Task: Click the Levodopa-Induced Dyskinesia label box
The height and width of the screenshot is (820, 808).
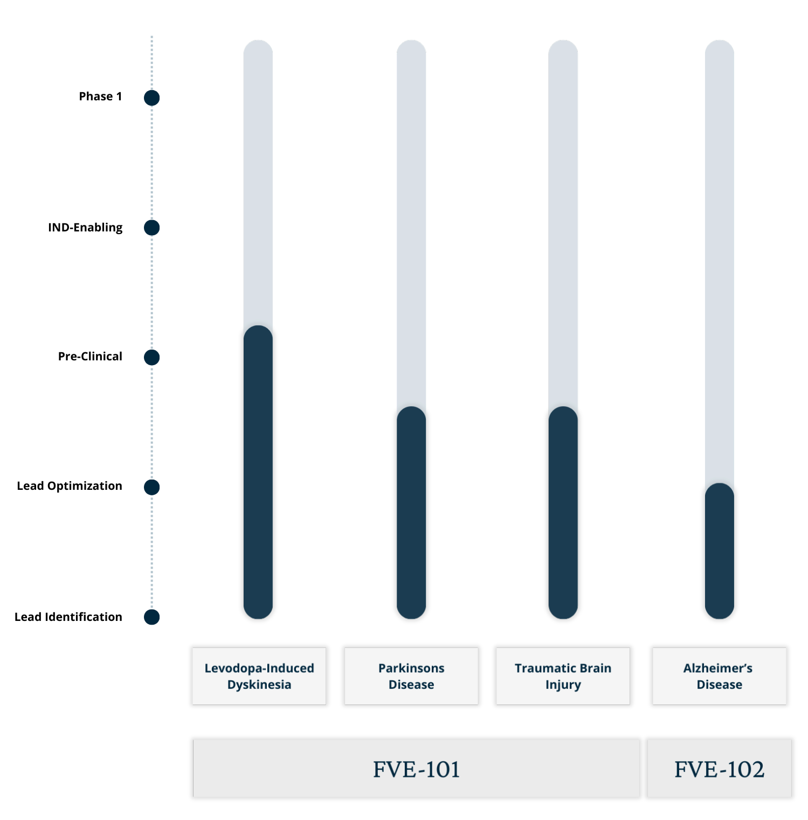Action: (259, 676)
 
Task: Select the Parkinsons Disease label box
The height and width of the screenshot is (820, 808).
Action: (411, 676)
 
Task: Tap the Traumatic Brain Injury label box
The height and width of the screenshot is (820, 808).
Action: (563, 676)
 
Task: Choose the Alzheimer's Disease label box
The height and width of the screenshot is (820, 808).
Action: (719, 676)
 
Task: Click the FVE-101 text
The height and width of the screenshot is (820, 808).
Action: (416, 769)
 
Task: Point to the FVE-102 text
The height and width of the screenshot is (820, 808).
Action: (719, 769)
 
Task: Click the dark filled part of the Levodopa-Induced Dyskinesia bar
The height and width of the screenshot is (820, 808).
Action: (258, 475)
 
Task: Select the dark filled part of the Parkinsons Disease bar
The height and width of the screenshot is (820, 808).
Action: (411, 512)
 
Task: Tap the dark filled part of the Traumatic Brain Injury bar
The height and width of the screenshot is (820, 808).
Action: (563, 512)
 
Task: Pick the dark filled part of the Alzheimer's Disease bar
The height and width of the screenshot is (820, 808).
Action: (720, 550)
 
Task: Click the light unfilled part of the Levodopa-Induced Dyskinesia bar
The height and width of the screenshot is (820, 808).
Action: (259, 183)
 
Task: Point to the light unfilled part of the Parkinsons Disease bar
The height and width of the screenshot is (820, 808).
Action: (411, 221)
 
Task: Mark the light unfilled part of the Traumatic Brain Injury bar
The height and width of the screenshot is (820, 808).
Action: (563, 221)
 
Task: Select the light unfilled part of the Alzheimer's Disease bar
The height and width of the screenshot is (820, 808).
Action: (720, 259)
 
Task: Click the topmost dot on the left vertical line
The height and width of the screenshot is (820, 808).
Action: (152, 99)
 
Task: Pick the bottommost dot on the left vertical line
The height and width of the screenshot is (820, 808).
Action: (153, 617)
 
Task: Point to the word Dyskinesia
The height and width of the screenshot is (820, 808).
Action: (259, 685)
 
